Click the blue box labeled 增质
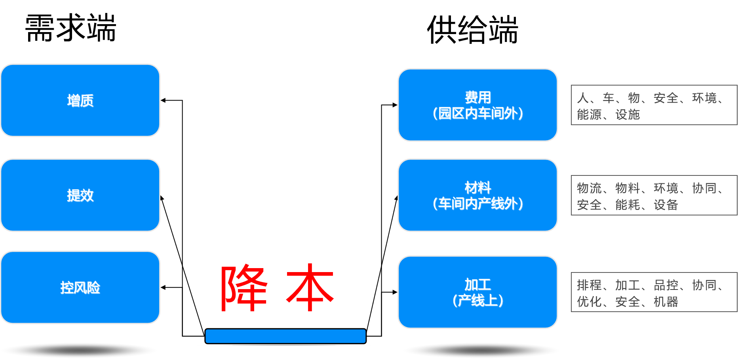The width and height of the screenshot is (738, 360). coord(80,101)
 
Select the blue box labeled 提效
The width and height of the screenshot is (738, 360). coord(80,195)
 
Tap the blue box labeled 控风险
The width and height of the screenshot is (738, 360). coord(80,288)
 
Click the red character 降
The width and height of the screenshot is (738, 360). coord(244,288)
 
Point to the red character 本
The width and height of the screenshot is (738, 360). coord(310,288)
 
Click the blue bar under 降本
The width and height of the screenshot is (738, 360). coord(285,336)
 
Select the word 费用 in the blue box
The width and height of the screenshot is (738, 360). coord(478,97)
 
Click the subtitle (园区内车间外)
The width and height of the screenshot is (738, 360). coord(478,114)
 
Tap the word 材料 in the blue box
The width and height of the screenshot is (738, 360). coord(478,188)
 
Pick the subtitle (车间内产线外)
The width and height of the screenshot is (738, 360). coord(478,204)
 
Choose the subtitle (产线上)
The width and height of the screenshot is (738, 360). coord(478,301)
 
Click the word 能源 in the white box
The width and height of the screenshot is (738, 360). coord(589,115)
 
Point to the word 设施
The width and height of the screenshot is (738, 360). coord(628,115)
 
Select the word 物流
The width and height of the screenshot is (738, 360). coord(589,188)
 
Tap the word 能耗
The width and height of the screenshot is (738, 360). coord(628,205)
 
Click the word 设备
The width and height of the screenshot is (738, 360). coord(666,205)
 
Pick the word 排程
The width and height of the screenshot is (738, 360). coord(589,285)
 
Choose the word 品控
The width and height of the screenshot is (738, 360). coord(666,285)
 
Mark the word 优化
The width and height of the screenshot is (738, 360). coord(589,302)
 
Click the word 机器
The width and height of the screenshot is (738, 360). coord(666,302)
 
